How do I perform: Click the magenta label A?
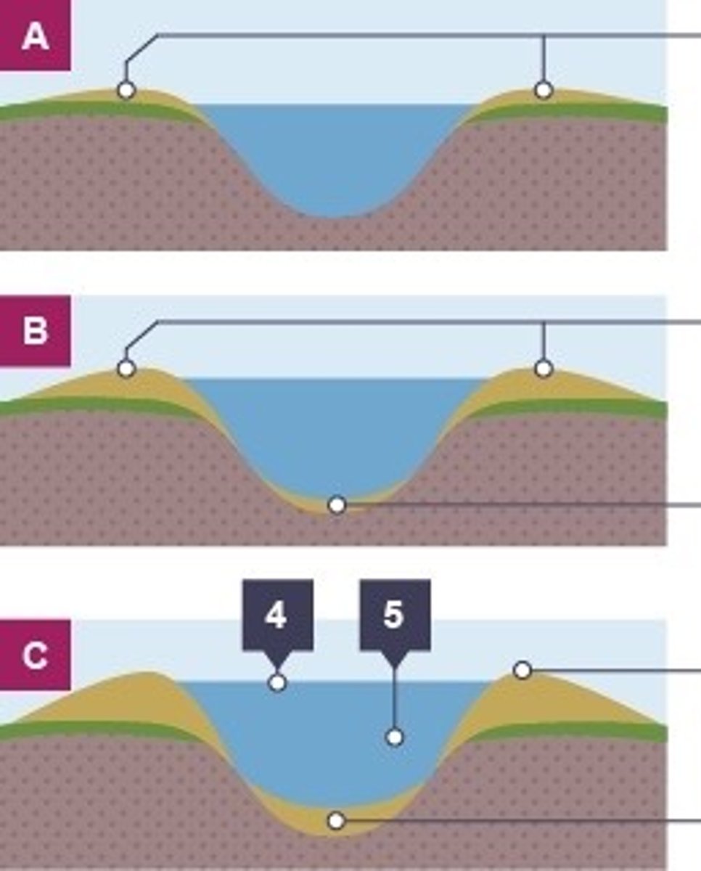click(36, 36)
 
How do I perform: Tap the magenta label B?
click(36, 331)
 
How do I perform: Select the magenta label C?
click(36, 655)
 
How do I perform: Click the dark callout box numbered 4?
click(278, 616)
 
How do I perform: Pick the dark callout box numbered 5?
click(395, 616)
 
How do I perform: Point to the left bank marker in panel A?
click(126, 90)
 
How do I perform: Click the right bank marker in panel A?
click(544, 90)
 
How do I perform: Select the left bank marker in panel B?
click(126, 369)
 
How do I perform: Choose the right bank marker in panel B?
click(544, 369)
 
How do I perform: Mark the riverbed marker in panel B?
click(337, 505)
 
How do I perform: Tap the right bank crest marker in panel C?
click(522, 670)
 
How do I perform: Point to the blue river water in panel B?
click(336, 433)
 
